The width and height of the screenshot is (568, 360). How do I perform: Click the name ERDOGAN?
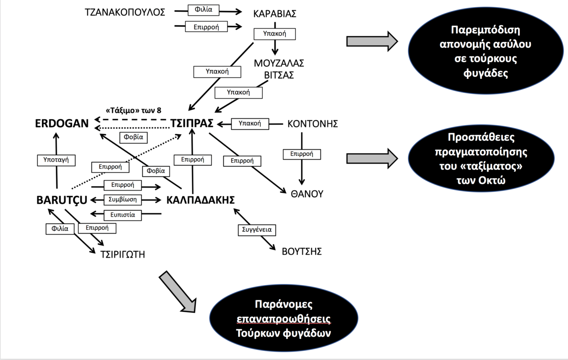click(x=62, y=124)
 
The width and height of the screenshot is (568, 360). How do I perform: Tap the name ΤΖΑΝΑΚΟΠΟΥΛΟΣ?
click(x=125, y=12)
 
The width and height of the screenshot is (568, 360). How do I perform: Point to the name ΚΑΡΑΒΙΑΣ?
click(x=275, y=14)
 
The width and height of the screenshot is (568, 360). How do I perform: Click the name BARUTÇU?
click(x=61, y=200)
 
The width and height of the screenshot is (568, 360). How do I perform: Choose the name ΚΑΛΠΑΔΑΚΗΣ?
click(x=200, y=200)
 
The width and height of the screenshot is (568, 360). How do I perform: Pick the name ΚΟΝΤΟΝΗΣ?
click(x=312, y=124)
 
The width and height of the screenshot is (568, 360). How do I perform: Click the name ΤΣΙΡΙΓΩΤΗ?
click(x=123, y=254)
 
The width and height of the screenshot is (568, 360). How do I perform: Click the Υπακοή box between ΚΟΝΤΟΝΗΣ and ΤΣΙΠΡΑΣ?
click(x=250, y=124)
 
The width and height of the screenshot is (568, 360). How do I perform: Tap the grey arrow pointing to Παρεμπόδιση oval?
click(x=372, y=41)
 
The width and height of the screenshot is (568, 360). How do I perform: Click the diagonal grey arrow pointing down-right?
click(x=178, y=292)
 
